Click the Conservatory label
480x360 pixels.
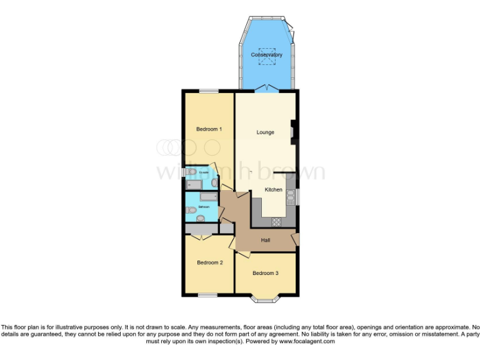tap(267, 55)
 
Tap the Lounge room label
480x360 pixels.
tap(265, 132)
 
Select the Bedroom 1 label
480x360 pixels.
tap(209, 129)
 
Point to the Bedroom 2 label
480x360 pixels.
tap(210, 262)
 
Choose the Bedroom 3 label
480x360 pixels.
tap(265, 273)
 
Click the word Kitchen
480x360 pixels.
tap(273, 190)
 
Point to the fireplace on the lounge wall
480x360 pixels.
tap(292, 132)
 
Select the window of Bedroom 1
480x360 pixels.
tap(209, 92)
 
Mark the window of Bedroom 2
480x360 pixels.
tap(208, 294)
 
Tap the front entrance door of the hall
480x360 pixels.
tap(296, 239)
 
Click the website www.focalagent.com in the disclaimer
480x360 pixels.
tap(306, 342)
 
